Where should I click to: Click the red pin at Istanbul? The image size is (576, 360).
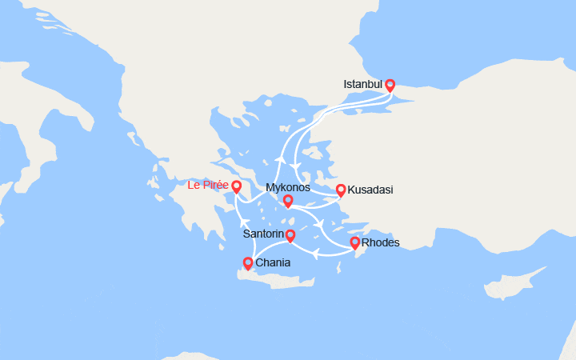tap(390, 85)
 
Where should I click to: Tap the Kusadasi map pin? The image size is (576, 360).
tap(341, 190)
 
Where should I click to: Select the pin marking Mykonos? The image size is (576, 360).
tap(288, 201)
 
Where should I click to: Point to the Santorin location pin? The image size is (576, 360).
tap(290, 235)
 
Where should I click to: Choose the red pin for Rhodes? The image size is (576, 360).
tap(354, 242)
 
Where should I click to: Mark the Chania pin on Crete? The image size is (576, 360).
tap(248, 262)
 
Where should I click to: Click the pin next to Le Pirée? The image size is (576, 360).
tap(237, 186)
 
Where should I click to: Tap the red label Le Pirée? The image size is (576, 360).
tap(208, 186)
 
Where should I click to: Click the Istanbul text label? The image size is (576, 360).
tap(362, 84)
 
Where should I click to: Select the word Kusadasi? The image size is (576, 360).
tap(370, 190)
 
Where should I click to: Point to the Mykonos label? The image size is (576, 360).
tap(287, 188)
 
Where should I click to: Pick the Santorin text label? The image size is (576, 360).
tap(263, 235)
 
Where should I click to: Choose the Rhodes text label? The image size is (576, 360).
tap(380, 242)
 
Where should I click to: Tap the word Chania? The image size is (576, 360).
tap(273, 262)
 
